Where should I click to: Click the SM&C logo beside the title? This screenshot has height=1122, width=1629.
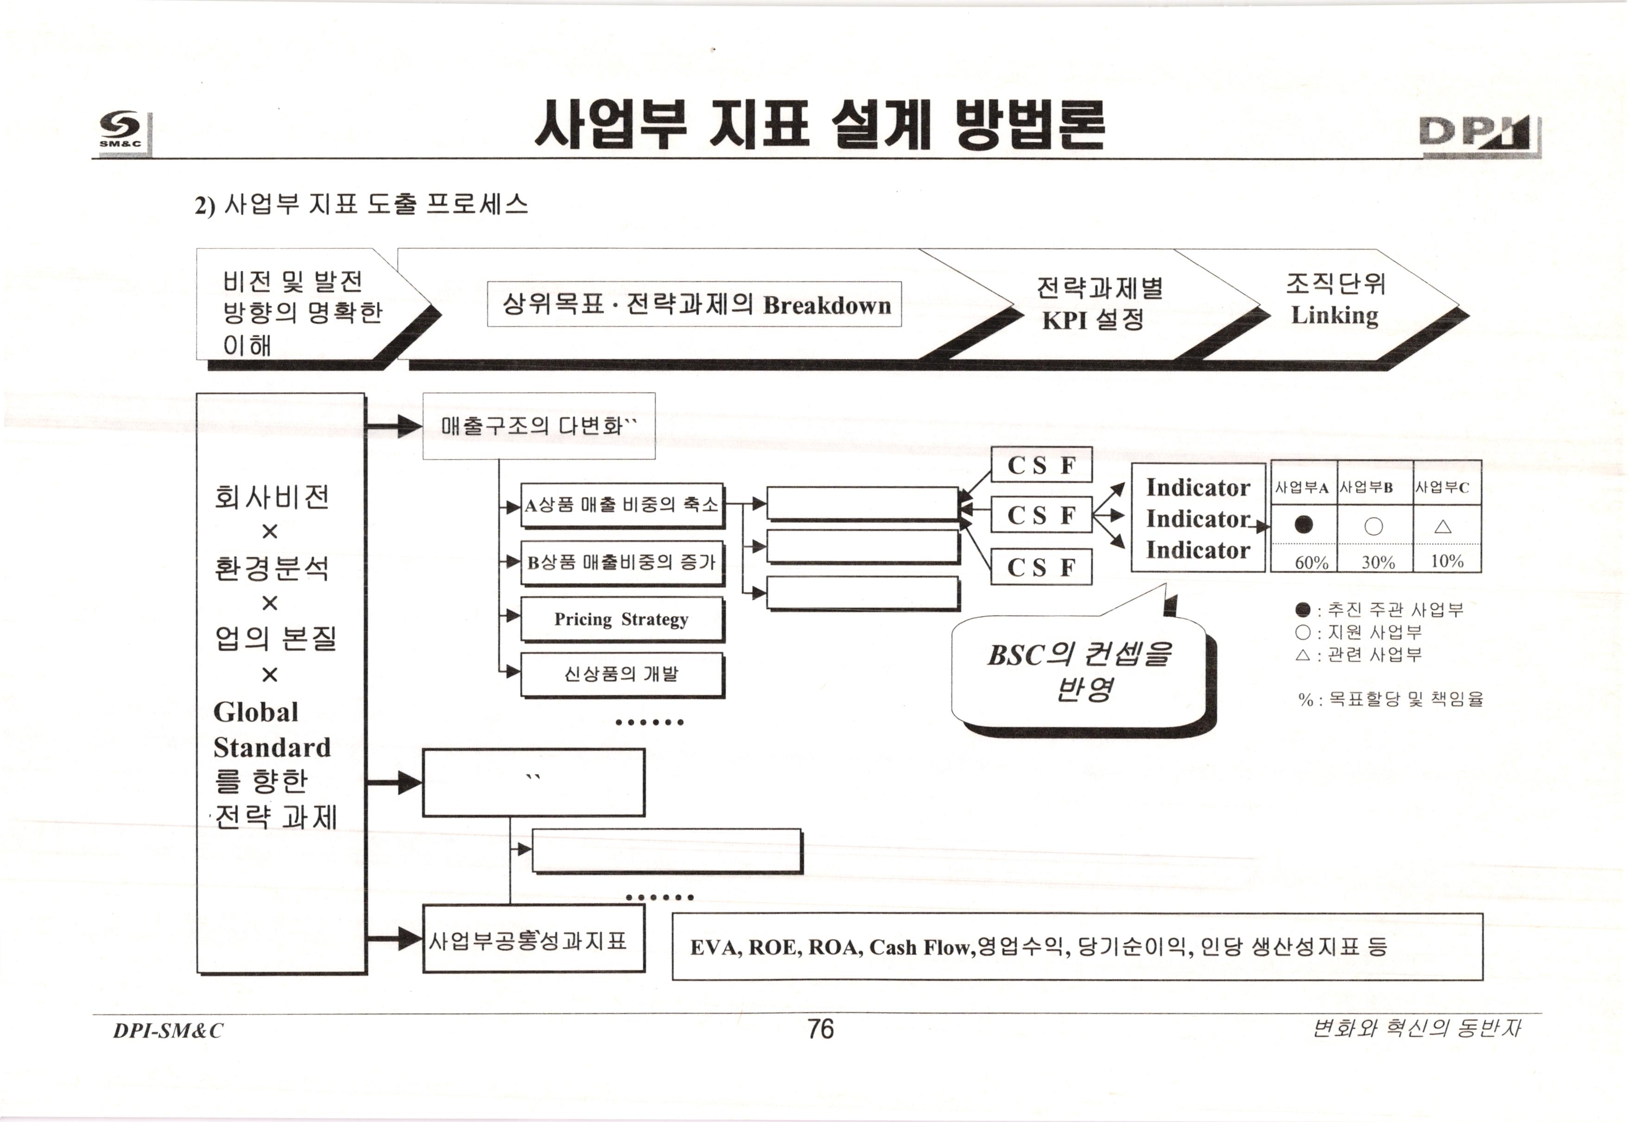point(121,132)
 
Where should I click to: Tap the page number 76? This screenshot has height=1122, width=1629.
point(820,1029)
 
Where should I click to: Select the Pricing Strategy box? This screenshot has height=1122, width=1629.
point(621,619)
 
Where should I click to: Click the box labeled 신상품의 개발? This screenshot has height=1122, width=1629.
point(621,674)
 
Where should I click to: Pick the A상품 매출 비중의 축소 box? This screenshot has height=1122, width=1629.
point(621,505)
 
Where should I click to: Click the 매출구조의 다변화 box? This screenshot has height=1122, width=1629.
point(539,426)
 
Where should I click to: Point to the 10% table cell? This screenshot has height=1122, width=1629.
point(1447,561)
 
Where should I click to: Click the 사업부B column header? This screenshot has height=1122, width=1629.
point(1367,487)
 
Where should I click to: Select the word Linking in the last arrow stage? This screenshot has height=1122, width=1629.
point(1334,315)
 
